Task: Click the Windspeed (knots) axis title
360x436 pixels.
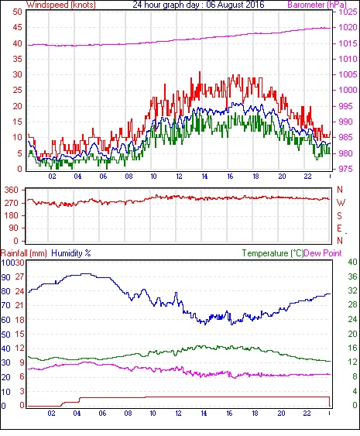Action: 61,5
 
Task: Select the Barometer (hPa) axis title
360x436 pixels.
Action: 317,5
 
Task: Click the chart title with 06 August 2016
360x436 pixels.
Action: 198,5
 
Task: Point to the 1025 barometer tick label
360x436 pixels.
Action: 347,12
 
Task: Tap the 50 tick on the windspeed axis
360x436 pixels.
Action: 17,12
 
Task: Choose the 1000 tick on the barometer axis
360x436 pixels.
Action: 347,90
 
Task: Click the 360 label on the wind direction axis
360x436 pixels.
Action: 11,191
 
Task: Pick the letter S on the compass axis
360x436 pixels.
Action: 339,216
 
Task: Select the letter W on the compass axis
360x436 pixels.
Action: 341,203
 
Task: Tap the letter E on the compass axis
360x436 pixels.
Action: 339,228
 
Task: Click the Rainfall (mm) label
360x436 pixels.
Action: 24,253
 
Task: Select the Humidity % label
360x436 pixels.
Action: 71,253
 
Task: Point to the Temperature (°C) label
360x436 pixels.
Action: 273,253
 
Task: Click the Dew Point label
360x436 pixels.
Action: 323,253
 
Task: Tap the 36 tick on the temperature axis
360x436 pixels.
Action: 352,276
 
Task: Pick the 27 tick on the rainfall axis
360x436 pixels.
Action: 20,277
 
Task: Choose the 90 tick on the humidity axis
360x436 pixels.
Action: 6,277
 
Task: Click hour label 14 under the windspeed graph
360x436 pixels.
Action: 204,177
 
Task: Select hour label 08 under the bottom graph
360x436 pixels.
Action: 128,414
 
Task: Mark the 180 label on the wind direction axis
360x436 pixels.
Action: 11,216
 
